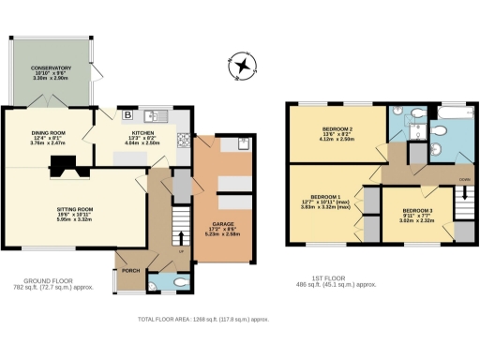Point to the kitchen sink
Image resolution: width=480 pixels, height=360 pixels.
156,115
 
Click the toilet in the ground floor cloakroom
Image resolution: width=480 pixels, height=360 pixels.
179,280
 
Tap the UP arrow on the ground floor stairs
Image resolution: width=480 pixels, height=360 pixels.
179,249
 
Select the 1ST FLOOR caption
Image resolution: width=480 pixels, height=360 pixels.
336,280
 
